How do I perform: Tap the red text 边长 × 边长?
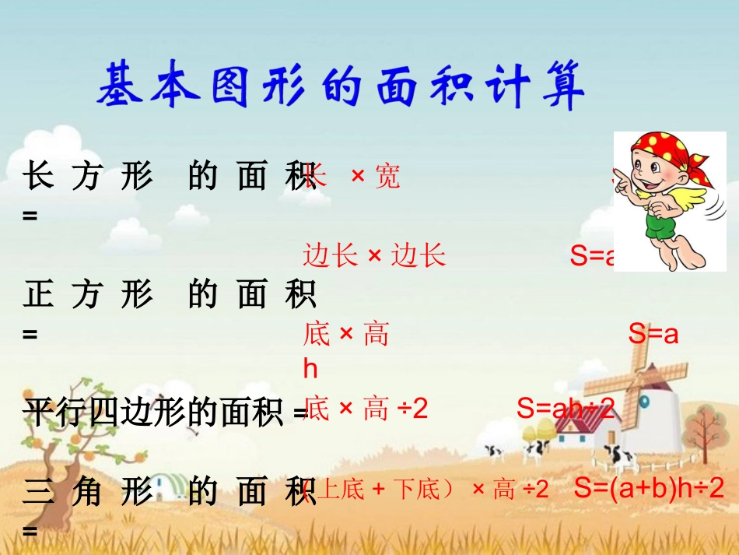pos(374,255)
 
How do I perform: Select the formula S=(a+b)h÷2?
pos(649,488)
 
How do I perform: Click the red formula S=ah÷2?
pos(566,408)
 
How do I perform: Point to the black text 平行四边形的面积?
pos(155,411)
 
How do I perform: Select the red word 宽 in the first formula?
pos(387,177)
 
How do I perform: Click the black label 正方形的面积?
pos(170,295)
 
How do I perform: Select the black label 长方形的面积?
pos(170,177)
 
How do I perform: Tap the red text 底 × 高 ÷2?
pos(366,409)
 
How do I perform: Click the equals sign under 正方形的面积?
pos(30,334)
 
